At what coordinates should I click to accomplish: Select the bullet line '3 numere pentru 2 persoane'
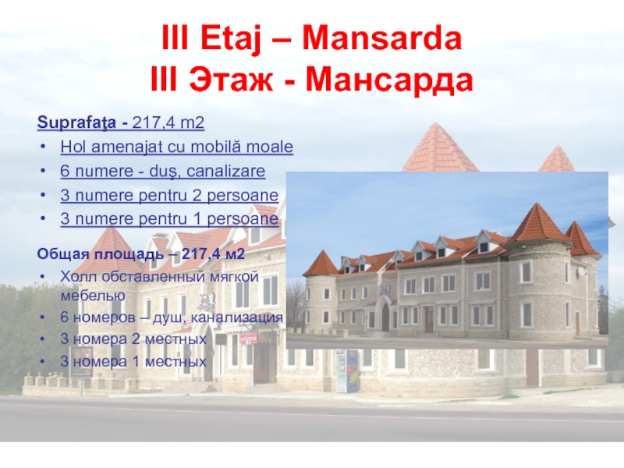(168, 195)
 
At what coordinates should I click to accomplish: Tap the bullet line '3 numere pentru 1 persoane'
(168, 219)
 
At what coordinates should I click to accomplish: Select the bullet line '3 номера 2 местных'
(133, 340)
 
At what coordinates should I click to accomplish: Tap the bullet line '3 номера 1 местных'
(133, 362)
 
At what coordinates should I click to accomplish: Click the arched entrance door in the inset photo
(384, 317)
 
